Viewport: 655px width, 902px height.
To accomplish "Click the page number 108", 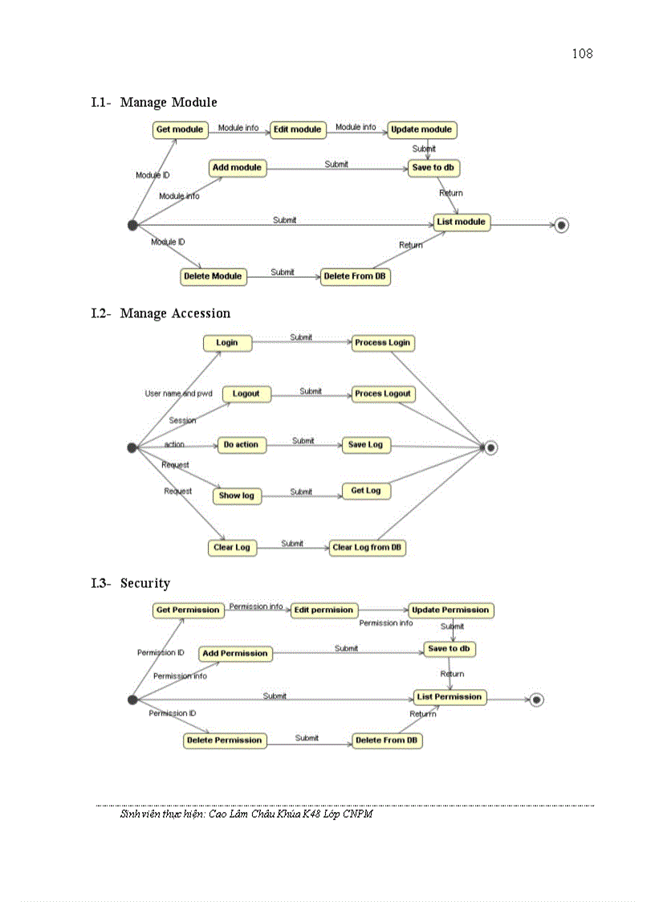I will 582,54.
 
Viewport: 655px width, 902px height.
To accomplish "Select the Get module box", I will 180,130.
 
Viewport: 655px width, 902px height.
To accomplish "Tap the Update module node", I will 421,130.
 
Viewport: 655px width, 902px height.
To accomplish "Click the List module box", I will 462,222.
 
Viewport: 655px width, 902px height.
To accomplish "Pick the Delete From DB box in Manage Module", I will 355,277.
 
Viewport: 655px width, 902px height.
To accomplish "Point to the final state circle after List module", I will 561,226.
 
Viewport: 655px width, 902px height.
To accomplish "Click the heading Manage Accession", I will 175,313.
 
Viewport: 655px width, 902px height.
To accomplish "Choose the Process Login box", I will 382,343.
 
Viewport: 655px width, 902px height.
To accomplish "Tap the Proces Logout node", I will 382,394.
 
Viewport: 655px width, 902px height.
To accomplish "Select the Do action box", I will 241,445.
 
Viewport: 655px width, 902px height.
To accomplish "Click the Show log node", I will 237,496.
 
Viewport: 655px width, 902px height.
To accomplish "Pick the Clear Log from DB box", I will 368,548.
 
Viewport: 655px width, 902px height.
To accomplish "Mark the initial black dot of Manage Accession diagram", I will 132,447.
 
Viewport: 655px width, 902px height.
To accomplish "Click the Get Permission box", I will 188,610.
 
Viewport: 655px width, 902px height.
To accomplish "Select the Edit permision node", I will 323,610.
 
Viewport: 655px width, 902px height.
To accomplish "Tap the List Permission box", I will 450,697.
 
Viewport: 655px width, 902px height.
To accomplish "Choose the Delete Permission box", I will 225,741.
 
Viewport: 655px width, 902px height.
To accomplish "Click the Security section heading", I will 145,583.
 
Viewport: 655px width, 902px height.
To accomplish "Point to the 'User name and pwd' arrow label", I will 178,394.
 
